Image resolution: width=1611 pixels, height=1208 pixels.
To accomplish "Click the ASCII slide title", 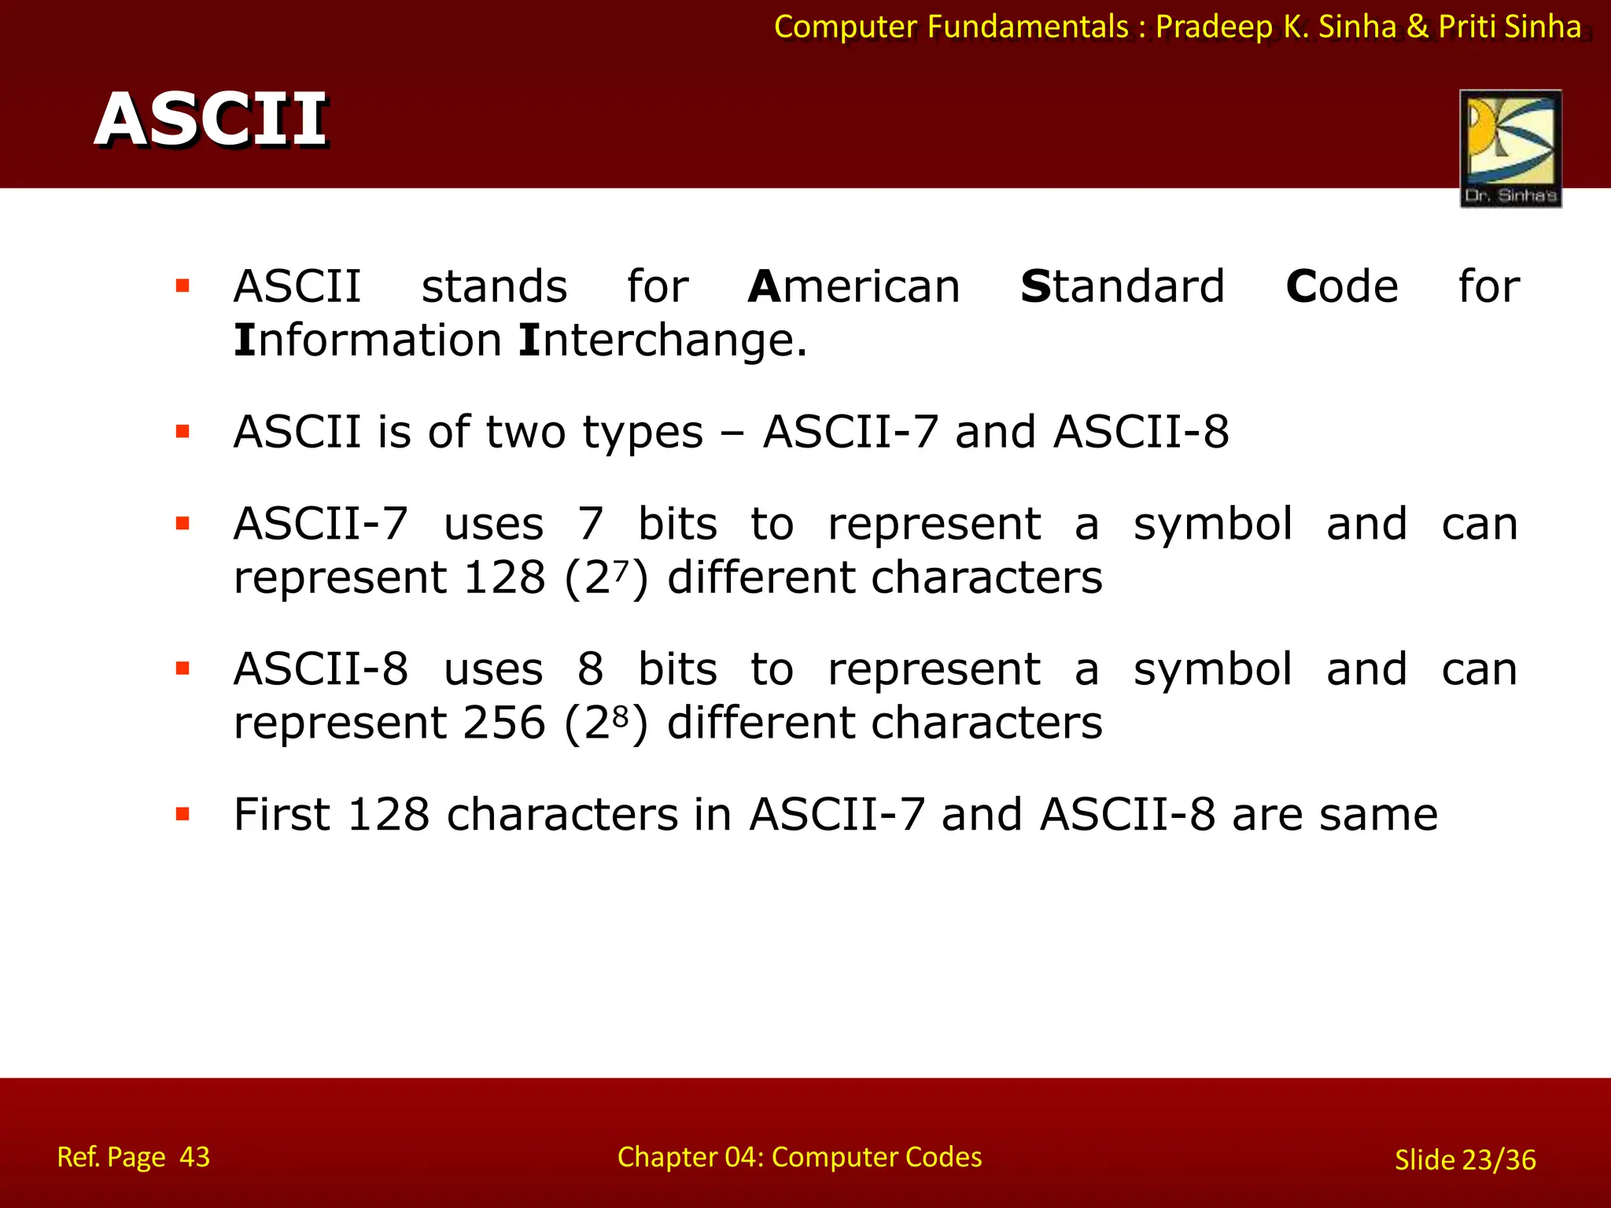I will click(211, 120).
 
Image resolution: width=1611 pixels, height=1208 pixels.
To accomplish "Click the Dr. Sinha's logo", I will click(1510, 148).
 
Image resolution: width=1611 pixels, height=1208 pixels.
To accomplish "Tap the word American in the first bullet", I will click(854, 286).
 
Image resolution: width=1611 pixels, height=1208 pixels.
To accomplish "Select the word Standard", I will click(1123, 286).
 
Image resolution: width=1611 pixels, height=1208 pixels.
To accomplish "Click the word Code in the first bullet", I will click(1342, 286).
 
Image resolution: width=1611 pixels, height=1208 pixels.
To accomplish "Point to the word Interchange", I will click(663, 341).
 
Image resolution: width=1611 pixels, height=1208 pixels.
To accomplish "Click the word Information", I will click(367, 341).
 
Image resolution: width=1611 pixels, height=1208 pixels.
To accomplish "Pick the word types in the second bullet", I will click(643, 433).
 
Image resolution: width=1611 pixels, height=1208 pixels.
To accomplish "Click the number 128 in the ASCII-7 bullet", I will click(504, 578).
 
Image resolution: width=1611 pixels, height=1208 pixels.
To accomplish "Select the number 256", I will click(504, 723).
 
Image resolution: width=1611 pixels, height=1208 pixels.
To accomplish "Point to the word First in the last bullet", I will click(281, 814).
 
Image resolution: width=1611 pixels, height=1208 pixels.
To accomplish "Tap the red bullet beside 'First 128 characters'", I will click(183, 814).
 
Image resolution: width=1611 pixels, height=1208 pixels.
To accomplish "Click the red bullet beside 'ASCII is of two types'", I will click(183, 432).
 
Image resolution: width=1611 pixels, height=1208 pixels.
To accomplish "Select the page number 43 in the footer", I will click(194, 1157).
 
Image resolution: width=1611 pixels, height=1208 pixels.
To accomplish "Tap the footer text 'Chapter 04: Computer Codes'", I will click(799, 1157).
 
